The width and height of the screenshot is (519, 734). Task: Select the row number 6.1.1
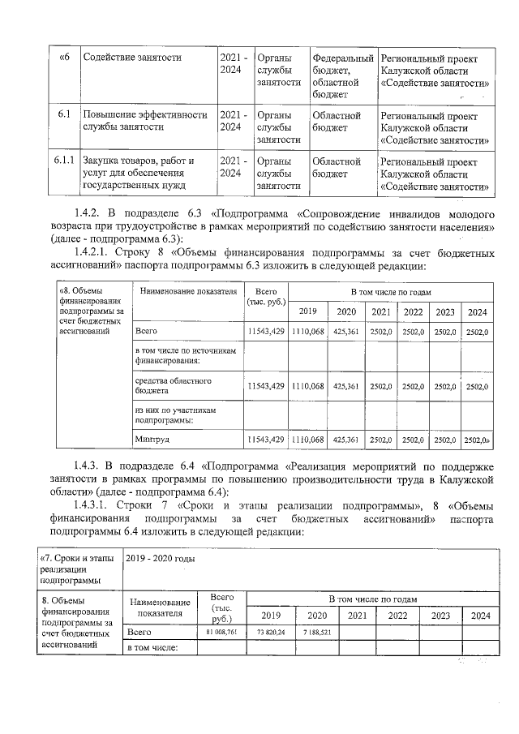point(64,161)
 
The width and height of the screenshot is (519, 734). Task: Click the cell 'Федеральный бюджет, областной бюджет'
point(342,76)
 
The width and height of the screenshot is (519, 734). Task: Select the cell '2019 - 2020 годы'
point(161,558)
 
